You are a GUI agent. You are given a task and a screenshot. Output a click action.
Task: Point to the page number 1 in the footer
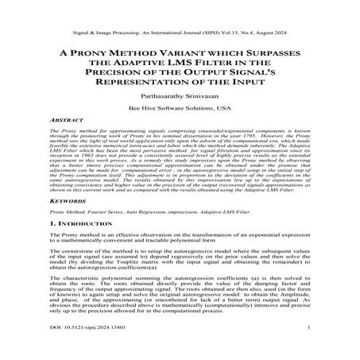coord(318,347)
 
